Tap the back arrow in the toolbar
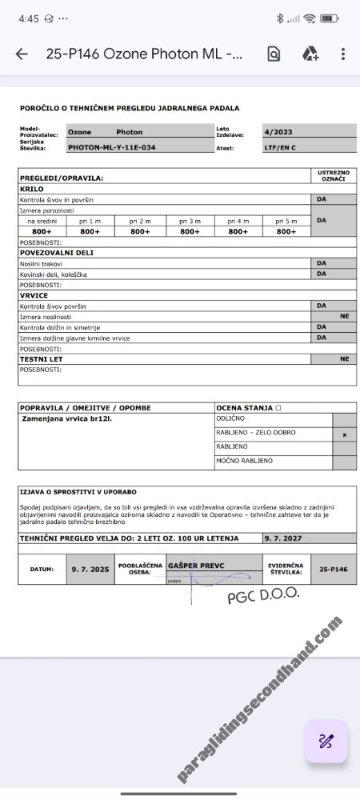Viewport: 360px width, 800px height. (22, 54)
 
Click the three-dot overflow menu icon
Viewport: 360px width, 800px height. (342, 54)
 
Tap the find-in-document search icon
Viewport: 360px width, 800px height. (274, 54)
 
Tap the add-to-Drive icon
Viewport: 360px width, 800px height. (310, 54)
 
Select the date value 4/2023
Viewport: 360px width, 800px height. (277, 132)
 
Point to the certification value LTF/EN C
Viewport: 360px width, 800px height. (280, 147)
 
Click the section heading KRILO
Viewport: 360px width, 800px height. (32, 189)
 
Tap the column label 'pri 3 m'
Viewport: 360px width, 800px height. (190, 221)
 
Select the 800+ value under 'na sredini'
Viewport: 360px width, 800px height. (42, 231)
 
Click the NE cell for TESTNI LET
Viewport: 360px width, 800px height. (344, 359)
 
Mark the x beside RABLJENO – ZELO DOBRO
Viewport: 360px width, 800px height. (344, 434)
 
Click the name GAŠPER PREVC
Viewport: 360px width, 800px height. (196, 566)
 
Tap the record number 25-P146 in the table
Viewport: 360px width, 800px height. (334, 570)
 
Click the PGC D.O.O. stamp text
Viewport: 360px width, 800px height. (263, 594)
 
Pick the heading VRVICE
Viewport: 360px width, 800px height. (34, 295)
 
